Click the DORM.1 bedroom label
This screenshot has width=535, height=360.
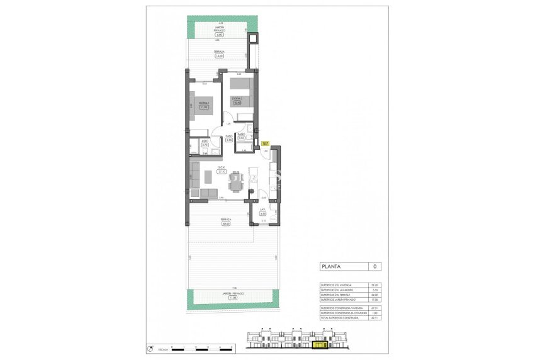[204, 103]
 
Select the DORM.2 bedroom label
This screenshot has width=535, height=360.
[237, 99]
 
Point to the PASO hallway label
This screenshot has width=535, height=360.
[230, 136]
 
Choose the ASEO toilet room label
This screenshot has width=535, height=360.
[205, 142]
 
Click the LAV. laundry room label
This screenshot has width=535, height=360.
[262, 211]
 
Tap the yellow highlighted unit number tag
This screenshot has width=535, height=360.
[265, 144]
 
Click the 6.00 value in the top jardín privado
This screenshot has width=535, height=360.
[220, 34]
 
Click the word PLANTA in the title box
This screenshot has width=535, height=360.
[332, 266]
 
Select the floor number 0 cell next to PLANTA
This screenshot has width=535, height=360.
[374, 266]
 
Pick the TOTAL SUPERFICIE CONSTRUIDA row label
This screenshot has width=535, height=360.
[340, 318]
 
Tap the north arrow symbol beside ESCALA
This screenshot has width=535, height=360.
[150, 348]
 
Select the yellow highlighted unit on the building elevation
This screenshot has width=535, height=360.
[320, 344]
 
